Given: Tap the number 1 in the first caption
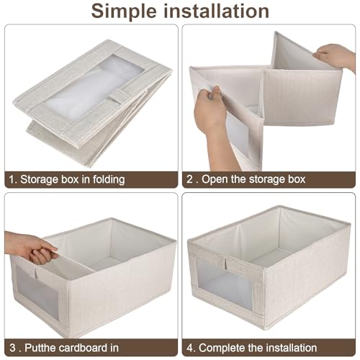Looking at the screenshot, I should point(10,179).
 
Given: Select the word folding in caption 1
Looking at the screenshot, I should point(104,179).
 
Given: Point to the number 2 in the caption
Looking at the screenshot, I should point(189,179).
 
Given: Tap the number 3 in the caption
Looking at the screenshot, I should point(10,348).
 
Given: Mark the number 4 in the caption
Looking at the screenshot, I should point(189,348).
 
